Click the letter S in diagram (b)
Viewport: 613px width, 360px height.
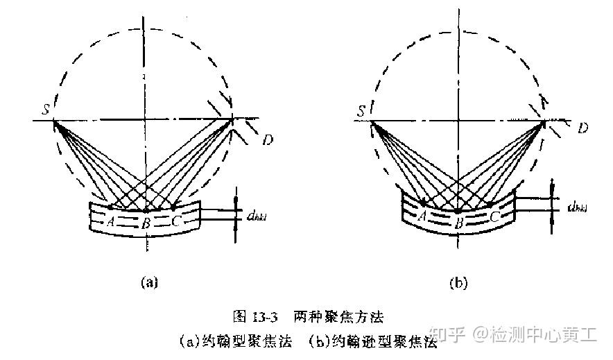361,111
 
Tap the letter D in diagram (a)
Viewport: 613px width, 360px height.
268,142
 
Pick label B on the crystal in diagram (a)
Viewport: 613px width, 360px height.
146,223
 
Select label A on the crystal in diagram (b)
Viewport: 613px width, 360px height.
421,217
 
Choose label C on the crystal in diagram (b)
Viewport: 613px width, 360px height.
494,217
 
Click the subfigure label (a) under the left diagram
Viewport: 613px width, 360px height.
149,282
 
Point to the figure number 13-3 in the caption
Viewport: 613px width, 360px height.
266,318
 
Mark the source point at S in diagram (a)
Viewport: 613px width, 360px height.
54,121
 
